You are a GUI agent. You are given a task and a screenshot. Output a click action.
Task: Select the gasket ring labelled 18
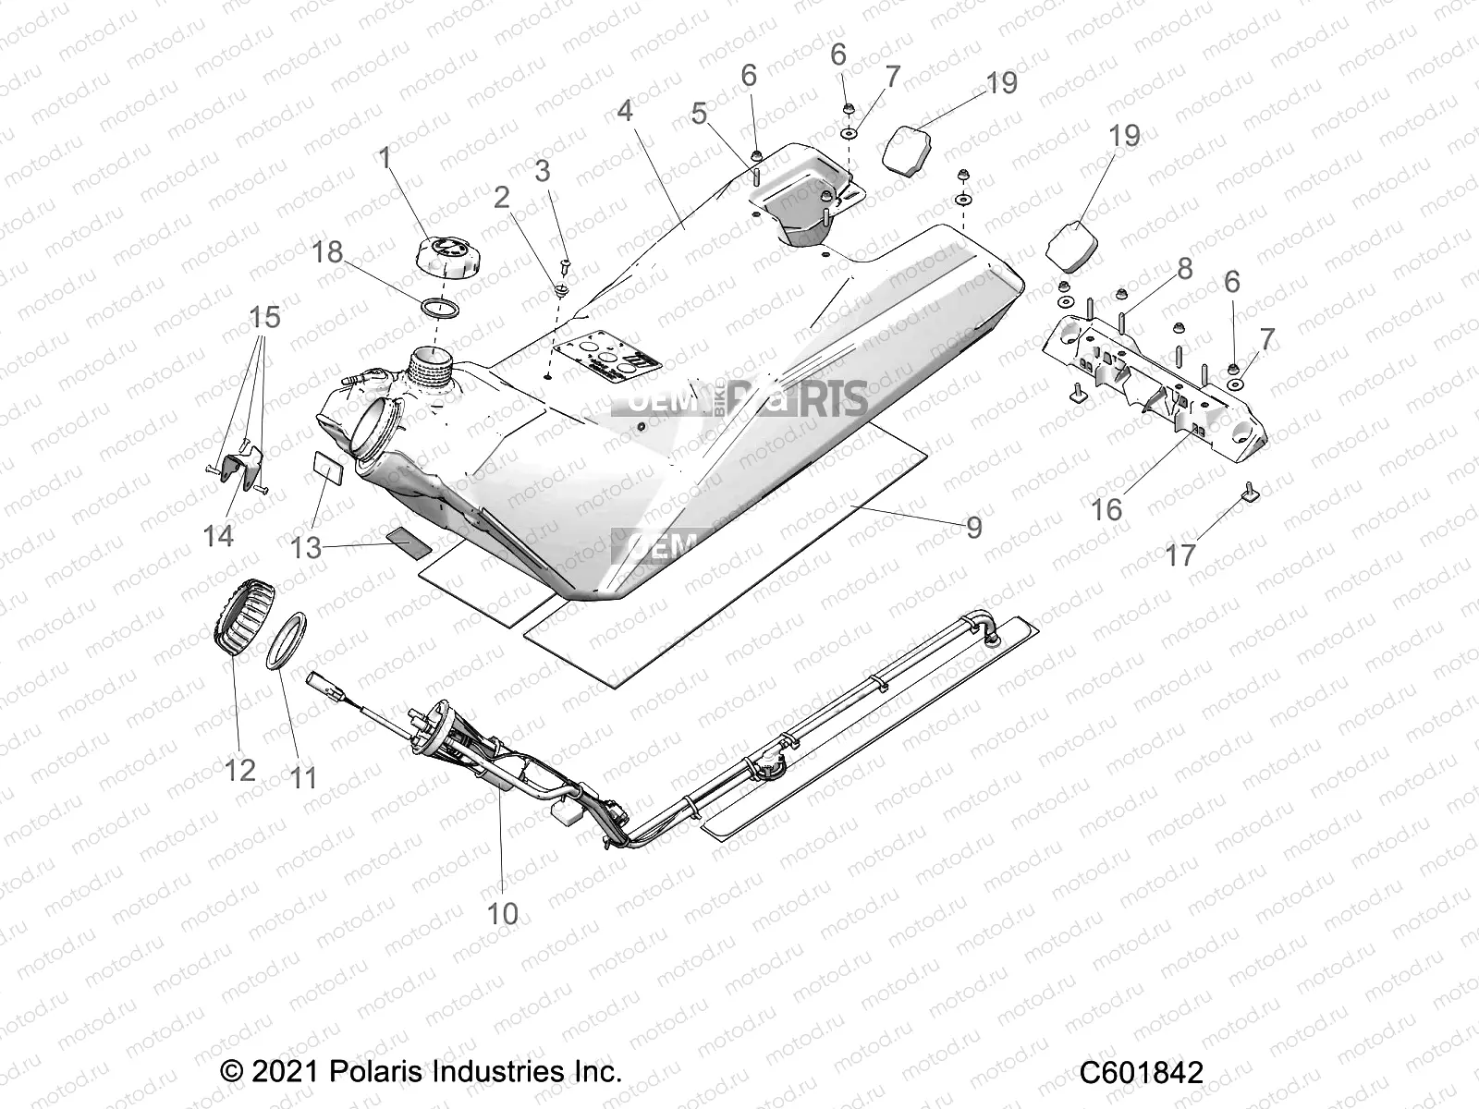441,306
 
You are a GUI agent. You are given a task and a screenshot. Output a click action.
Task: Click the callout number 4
625,112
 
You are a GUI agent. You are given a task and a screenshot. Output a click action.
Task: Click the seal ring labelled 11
287,640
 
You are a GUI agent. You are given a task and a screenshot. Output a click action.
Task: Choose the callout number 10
503,913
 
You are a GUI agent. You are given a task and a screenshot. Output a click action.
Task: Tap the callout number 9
973,527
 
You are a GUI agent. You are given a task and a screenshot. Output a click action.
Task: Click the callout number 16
1106,509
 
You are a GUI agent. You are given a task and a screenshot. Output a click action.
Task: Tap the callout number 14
218,535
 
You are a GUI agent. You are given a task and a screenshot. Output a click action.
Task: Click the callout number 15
264,318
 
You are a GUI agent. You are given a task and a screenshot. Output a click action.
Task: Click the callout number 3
543,171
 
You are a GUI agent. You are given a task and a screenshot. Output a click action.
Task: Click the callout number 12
240,769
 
